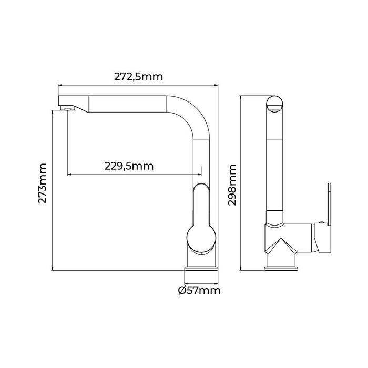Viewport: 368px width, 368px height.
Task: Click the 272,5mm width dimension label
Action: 138,76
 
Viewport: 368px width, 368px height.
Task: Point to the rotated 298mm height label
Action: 232,183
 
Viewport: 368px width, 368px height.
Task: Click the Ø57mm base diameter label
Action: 199,290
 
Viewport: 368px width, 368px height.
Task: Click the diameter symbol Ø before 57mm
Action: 182,290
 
